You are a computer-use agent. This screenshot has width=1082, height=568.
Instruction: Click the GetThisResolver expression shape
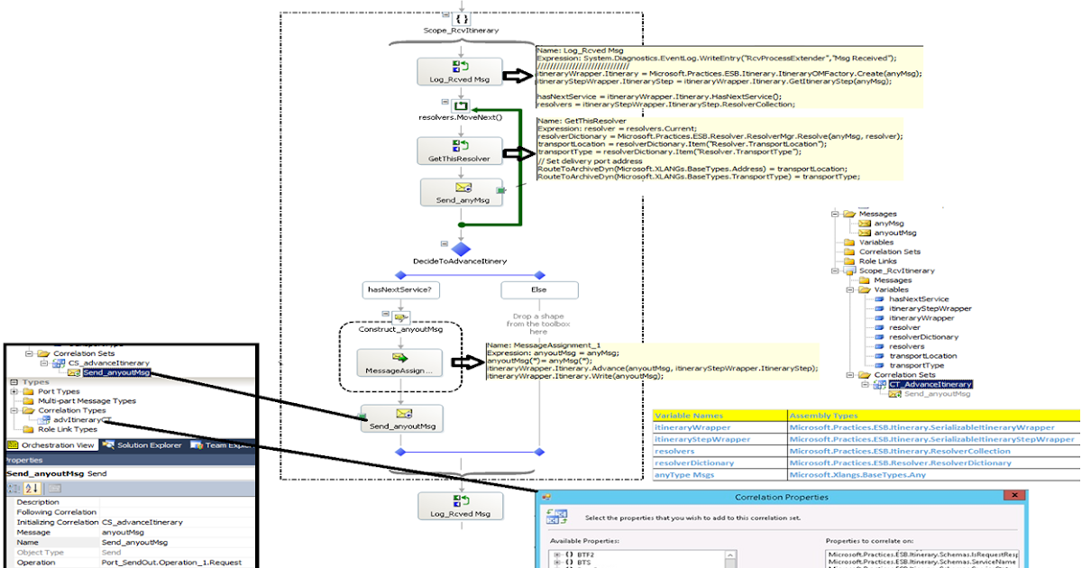[460, 151]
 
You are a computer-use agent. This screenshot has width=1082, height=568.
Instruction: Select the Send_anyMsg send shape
[460, 192]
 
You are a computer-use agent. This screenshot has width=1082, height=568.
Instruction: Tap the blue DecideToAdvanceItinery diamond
[461, 248]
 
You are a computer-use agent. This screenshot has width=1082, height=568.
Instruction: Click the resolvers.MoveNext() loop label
[460, 116]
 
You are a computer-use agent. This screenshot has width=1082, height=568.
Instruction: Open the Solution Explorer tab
[143, 444]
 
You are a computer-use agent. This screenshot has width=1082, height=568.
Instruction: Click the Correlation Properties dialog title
[782, 497]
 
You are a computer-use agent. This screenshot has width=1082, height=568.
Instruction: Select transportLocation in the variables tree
[922, 356]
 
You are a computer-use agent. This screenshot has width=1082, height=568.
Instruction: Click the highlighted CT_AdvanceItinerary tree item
[930, 384]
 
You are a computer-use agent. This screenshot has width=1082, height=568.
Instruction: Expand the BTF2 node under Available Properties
[557, 554]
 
